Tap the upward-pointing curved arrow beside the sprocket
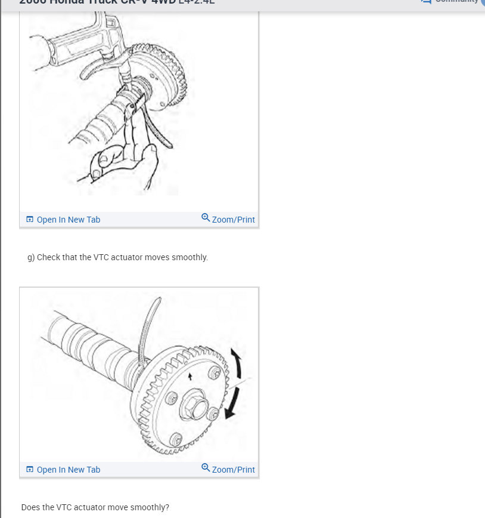[x=237, y=363]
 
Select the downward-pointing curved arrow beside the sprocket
[x=233, y=403]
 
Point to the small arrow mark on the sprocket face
[x=190, y=377]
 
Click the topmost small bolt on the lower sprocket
[x=214, y=373]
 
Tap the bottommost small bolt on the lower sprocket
[x=175, y=440]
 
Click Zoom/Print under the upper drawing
[x=233, y=220]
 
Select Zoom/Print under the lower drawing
[x=233, y=470]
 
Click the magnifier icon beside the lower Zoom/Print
[x=206, y=468]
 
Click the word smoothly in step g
[x=189, y=257]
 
